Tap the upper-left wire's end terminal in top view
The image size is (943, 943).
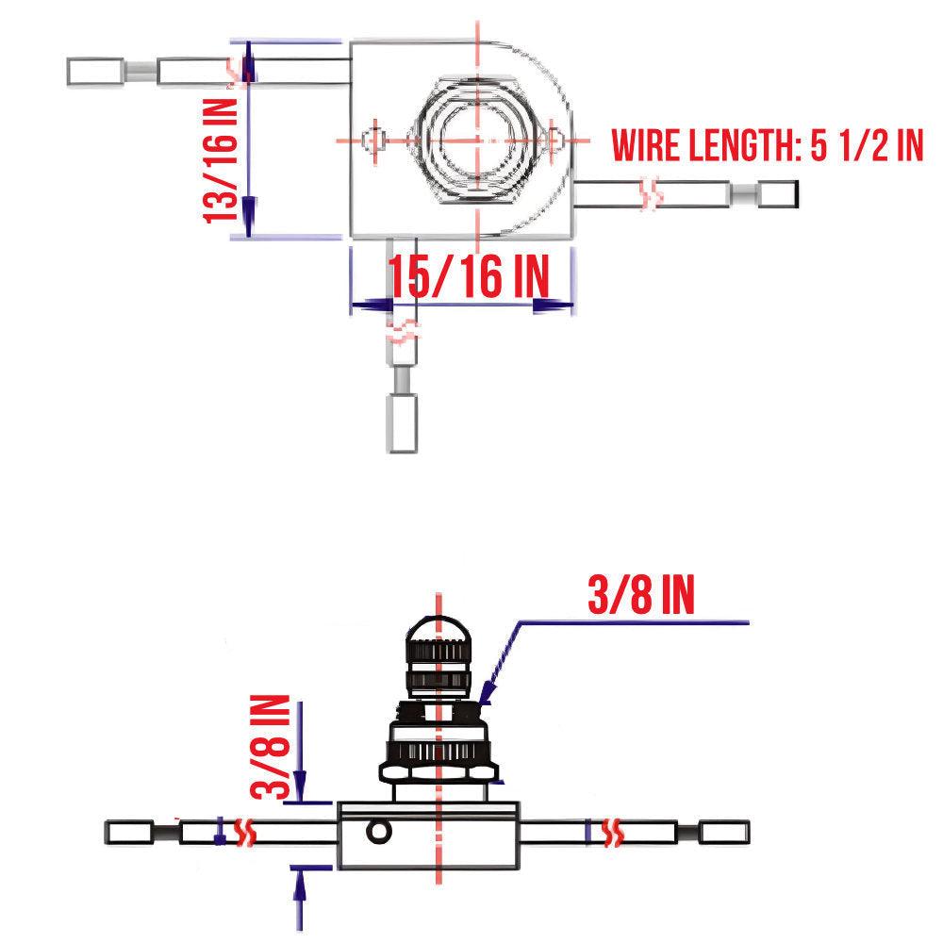(95, 71)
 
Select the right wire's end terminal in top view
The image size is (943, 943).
(779, 195)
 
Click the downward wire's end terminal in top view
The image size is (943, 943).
(403, 423)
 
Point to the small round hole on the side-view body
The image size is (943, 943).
(379, 831)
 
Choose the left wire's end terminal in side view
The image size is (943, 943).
(130, 833)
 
